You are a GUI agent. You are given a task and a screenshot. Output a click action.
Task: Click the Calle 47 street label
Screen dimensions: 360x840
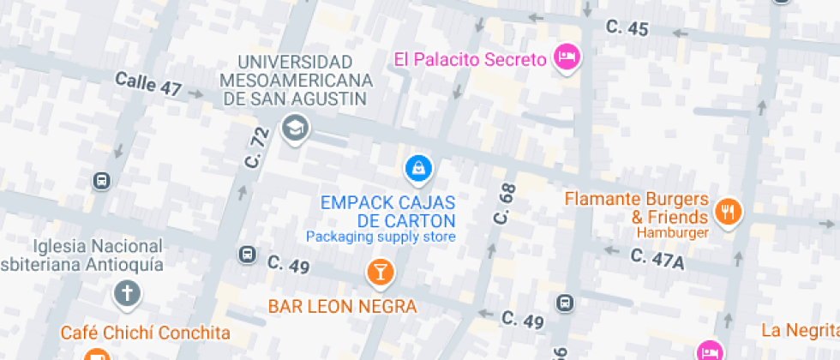(x=148, y=85)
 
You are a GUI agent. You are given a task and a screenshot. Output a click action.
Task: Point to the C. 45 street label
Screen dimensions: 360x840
(x=627, y=28)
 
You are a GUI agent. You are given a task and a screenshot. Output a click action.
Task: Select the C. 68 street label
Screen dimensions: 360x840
(x=504, y=204)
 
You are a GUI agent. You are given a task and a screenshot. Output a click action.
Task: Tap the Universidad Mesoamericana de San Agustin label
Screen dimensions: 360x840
(x=297, y=81)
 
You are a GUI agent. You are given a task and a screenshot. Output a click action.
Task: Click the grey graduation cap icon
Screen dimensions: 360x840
(x=297, y=129)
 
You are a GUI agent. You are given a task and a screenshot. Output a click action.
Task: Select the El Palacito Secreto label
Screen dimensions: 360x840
(x=470, y=59)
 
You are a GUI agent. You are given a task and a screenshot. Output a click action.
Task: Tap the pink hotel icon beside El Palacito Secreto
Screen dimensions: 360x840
(x=567, y=58)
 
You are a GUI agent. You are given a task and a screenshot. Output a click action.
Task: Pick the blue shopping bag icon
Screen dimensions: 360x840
(x=417, y=168)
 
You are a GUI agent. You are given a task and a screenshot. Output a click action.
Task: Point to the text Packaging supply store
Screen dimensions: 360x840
(x=381, y=237)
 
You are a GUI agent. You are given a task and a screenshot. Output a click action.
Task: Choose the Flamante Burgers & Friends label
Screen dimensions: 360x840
(x=637, y=207)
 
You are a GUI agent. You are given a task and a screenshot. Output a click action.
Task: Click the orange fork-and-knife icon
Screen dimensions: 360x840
(x=729, y=211)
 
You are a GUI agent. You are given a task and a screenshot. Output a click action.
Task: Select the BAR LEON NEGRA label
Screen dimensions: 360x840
(x=342, y=306)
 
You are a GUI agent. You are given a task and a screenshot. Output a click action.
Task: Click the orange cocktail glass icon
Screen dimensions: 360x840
(x=379, y=273)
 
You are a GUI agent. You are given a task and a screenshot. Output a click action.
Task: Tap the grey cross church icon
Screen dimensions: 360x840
(x=126, y=294)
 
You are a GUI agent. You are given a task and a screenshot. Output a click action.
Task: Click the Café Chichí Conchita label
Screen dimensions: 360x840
(x=146, y=333)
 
